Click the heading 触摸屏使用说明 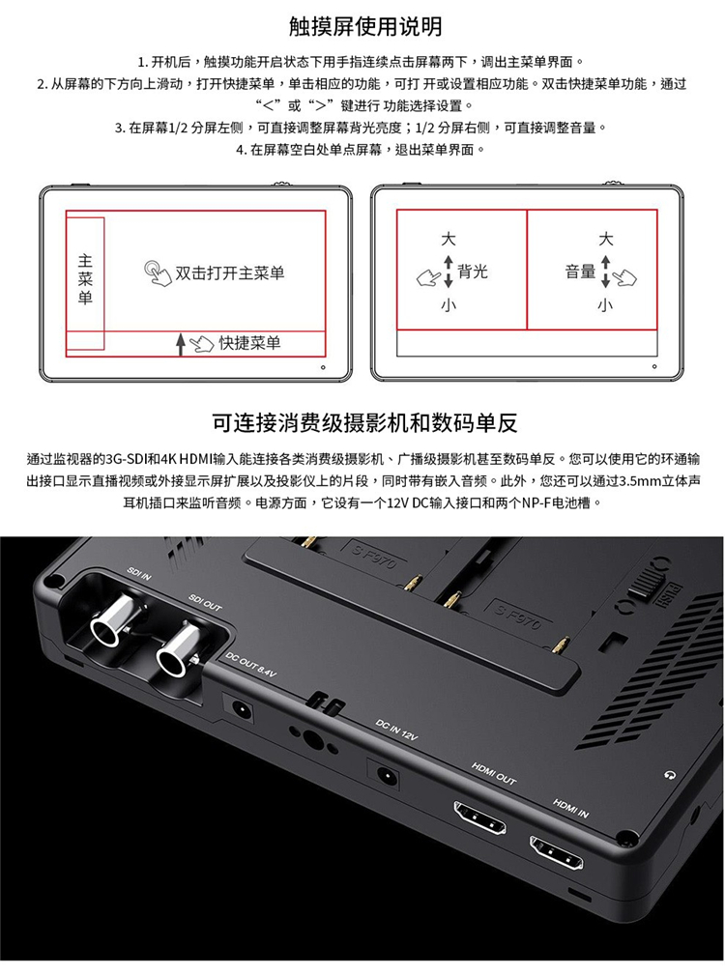coord(365,27)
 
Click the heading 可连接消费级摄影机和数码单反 coord(364,423)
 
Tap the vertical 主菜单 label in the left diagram coord(85,279)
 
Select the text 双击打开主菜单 coord(230,272)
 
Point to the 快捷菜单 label coord(250,343)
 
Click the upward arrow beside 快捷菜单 coord(181,344)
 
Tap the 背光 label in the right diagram coord(473,272)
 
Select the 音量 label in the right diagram coord(580,272)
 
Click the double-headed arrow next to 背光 coord(449,272)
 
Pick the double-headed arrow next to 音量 coord(606,272)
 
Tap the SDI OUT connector coord(179,649)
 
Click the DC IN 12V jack coord(385,775)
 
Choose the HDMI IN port coord(557,852)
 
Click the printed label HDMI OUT coord(494,773)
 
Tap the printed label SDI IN coord(138,573)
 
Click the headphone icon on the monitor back coord(670,775)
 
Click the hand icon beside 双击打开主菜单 coord(158,273)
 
